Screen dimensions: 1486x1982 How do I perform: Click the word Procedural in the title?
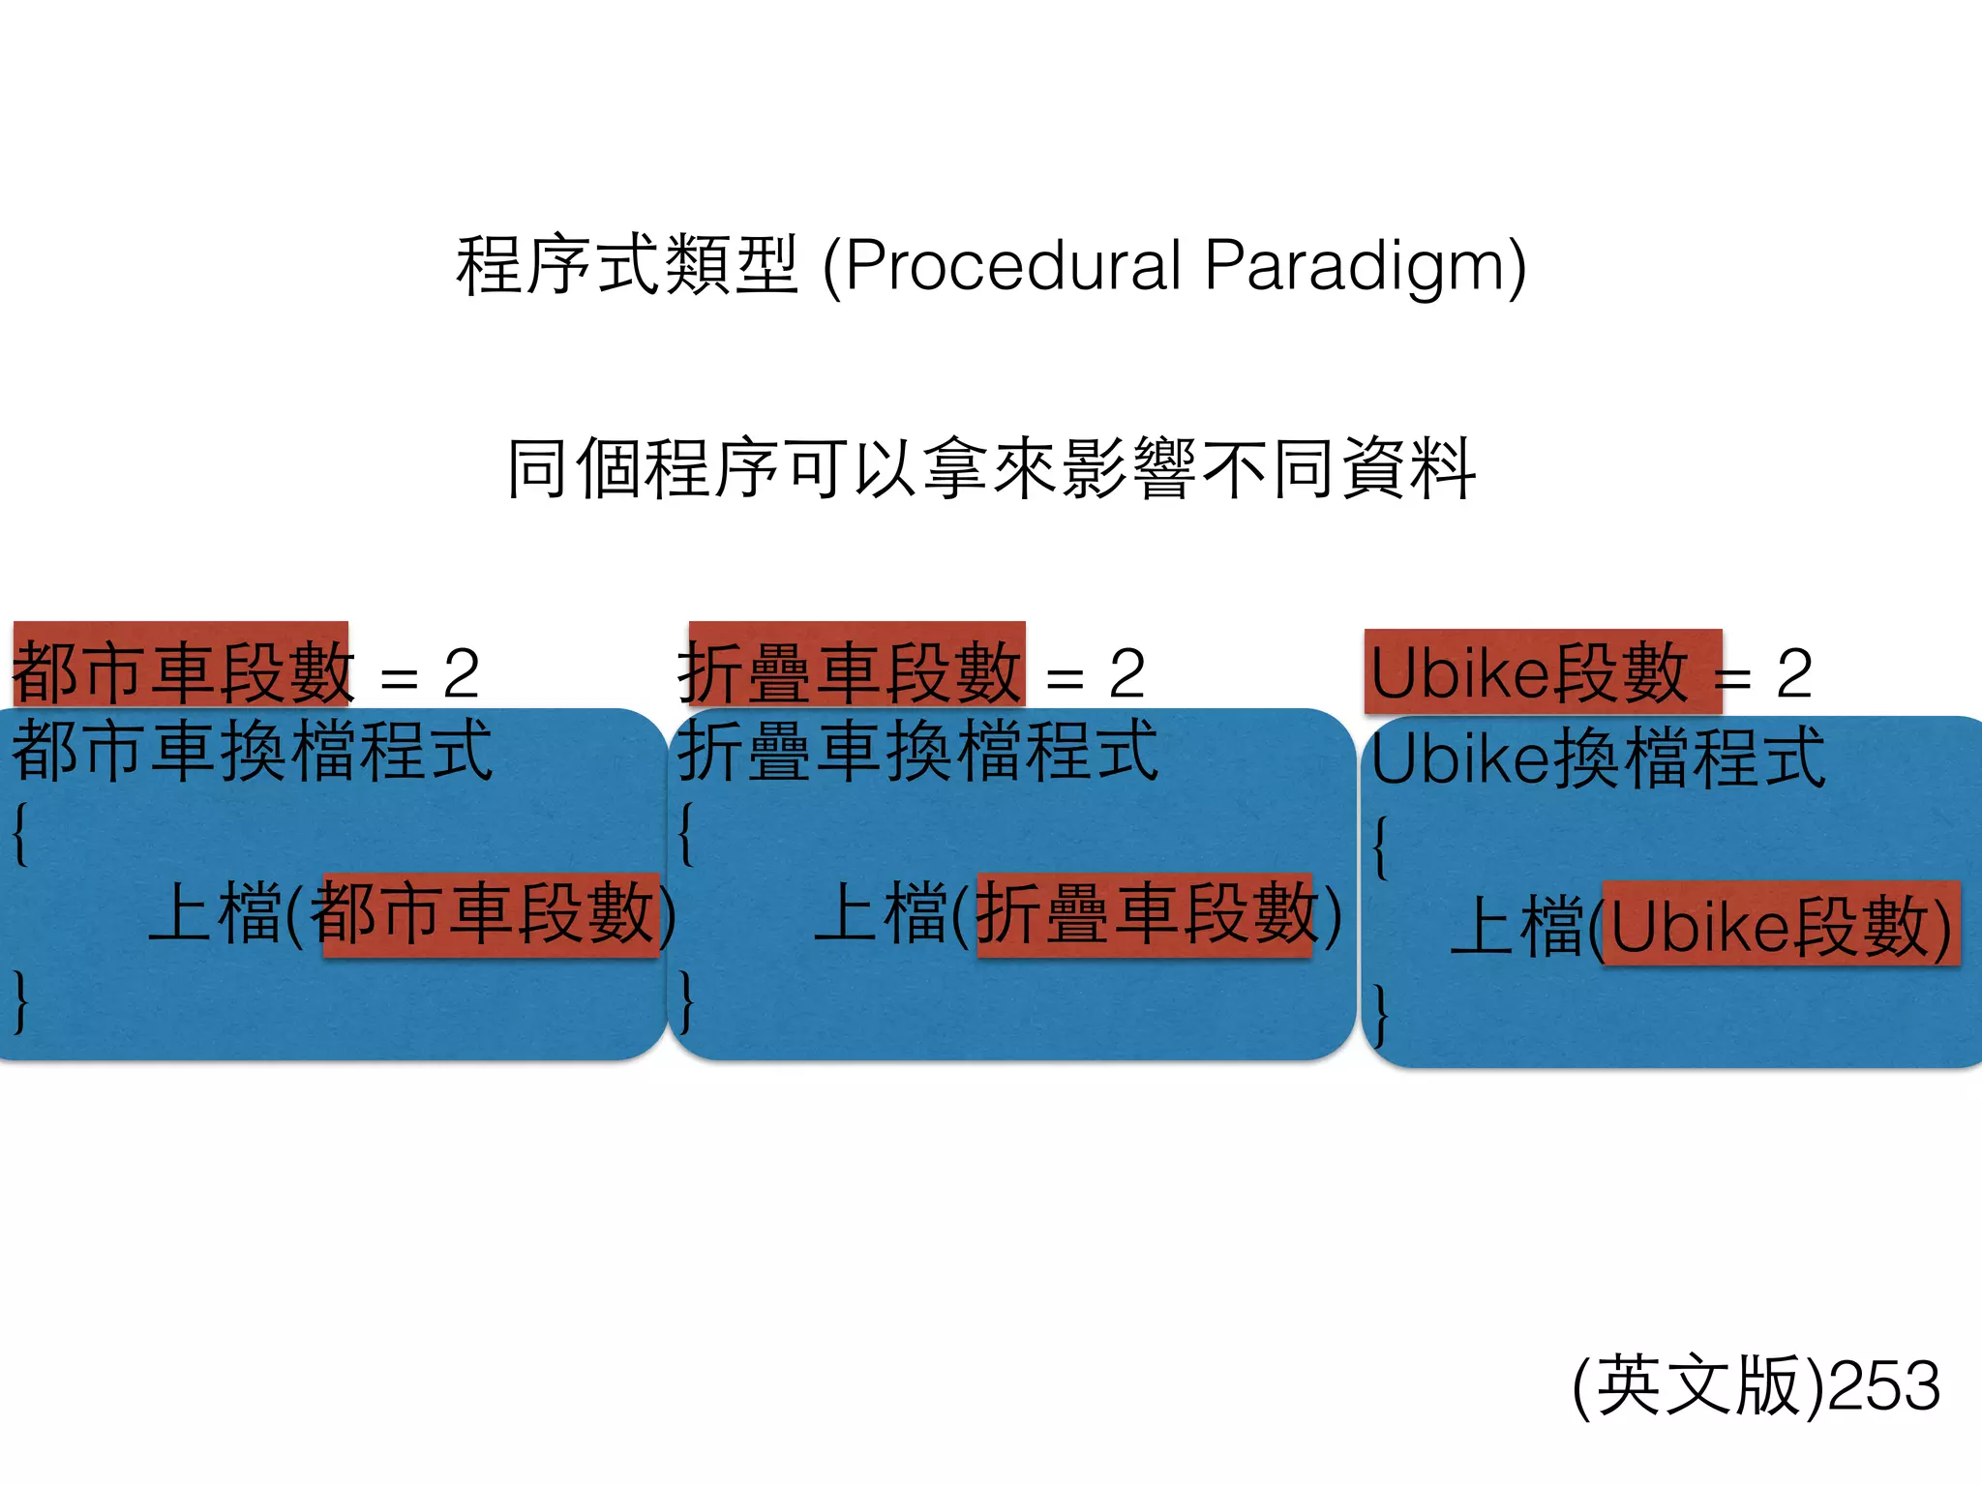(1012, 266)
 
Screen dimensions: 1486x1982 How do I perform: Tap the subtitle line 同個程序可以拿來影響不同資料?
(991, 470)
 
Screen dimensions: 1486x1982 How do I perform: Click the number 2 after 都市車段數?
(462, 673)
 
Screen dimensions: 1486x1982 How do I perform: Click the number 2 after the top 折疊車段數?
(1127, 673)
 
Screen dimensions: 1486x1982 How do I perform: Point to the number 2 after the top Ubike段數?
(1794, 673)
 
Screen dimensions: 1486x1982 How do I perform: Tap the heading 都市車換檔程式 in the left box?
(252, 751)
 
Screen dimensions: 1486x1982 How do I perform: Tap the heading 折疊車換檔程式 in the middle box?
(917, 751)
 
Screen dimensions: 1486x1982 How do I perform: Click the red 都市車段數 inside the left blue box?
(490, 915)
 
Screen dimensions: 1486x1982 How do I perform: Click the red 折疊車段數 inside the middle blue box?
(1144, 915)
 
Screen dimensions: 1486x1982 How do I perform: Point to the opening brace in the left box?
(19, 834)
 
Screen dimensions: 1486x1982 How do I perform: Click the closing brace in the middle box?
(686, 1002)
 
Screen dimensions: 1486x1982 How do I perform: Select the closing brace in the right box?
(1381, 1016)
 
